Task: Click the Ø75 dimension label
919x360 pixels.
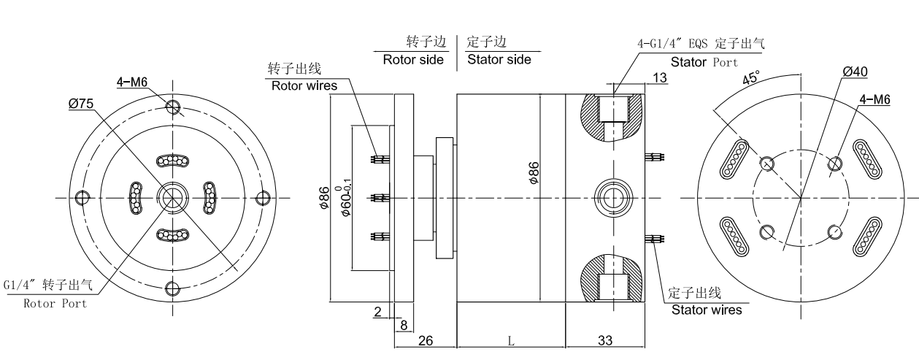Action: [82, 104]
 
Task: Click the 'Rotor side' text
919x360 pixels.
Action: [413, 60]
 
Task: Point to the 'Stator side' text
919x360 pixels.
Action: [499, 60]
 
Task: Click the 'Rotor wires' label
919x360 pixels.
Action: [304, 85]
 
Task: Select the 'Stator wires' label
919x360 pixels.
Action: [707, 310]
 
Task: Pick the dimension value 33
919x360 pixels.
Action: [604, 340]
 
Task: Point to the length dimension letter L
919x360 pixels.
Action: [511, 341]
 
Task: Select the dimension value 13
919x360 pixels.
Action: [659, 78]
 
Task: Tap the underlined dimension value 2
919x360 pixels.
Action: [377, 312]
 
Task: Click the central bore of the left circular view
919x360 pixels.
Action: [173, 196]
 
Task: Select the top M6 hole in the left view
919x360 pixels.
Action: [173, 107]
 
